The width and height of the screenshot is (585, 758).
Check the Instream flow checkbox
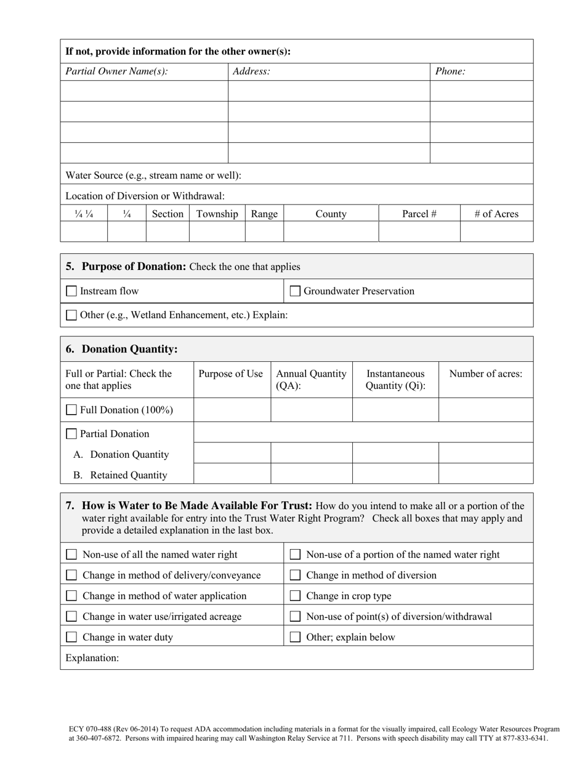click(71, 291)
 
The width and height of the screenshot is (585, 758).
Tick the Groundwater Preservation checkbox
click(295, 291)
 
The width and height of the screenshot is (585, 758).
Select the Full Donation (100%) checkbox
click(71, 410)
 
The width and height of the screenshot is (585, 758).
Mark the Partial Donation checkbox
click(71, 434)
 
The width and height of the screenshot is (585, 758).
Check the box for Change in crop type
click(295, 596)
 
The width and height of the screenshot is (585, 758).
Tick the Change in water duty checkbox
click(71, 637)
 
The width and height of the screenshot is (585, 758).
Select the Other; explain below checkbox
click(295, 637)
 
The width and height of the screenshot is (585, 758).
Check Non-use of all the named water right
click(71, 555)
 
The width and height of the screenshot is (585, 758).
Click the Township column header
click(217, 214)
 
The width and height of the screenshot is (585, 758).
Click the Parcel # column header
click(419, 214)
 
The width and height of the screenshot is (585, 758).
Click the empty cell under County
click(331, 232)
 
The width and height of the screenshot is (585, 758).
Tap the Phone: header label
click(450, 71)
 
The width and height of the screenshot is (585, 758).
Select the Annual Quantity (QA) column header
click(311, 380)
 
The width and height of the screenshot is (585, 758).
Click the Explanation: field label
click(92, 658)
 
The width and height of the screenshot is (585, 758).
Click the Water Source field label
click(153, 175)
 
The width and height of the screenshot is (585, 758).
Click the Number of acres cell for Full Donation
click(485, 410)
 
